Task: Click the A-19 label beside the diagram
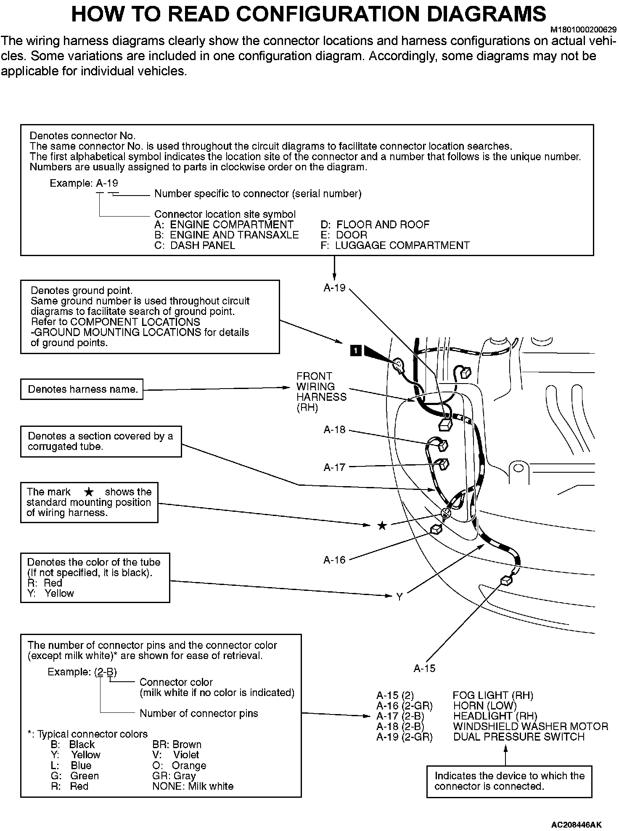click(x=334, y=288)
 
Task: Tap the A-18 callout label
click(x=334, y=429)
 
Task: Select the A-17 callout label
click(x=334, y=467)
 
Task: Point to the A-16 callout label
click(x=334, y=560)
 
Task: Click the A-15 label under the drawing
click(x=424, y=668)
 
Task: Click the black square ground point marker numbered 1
click(x=356, y=350)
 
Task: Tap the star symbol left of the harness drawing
click(x=382, y=526)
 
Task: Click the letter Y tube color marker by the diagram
click(x=399, y=597)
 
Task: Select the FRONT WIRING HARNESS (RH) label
click(x=321, y=392)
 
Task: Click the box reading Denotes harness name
click(x=82, y=389)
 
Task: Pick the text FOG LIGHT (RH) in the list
click(x=493, y=696)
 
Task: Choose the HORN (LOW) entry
click(x=484, y=706)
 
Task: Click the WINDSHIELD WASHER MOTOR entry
click(x=530, y=726)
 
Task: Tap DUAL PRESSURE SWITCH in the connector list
click(x=519, y=737)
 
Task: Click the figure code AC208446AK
click(x=577, y=824)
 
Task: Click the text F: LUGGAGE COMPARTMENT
click(x=395, y=245)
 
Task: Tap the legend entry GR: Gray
click(x=174, y=776)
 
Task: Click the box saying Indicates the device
click(x=509, y=781)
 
